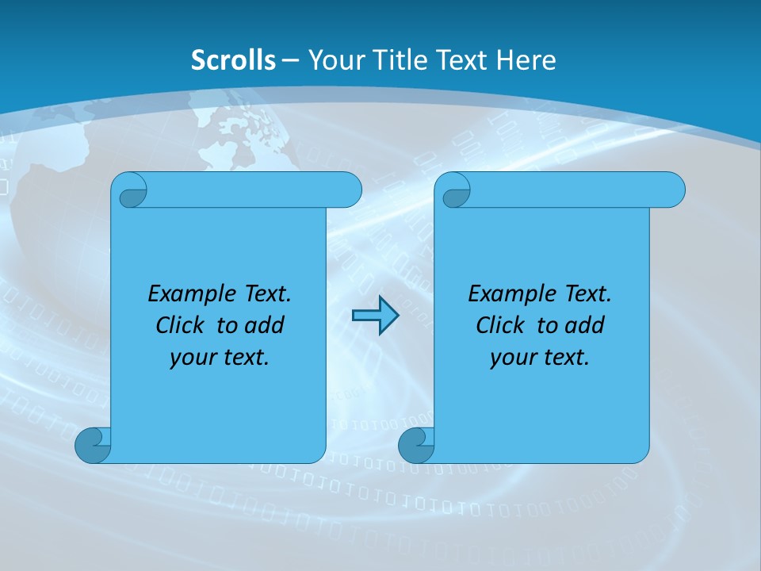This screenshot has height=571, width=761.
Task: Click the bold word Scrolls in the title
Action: tap(234, 60)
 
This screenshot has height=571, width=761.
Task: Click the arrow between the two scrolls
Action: tap(375, 316)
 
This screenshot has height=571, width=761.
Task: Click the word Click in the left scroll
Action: tap(181, 325)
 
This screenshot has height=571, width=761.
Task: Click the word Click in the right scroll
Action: tap(500, 325)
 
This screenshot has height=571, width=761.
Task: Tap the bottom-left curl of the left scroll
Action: tap(92, 443)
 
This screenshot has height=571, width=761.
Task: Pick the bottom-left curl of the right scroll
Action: tap(415, 443)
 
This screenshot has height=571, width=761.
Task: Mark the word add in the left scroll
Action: tap(264, 325)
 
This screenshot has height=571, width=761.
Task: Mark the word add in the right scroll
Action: tap(584, 325)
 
